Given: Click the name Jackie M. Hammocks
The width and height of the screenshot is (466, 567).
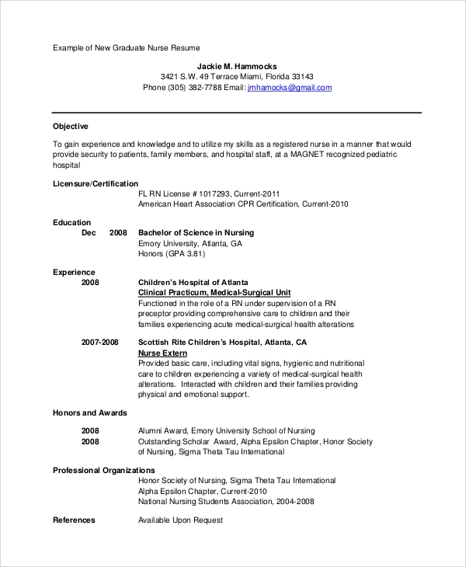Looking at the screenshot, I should pyautogui.click(x=237, y=66).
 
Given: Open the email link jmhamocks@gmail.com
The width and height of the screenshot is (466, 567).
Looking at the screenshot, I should pyautogui.click(x=289, y=88).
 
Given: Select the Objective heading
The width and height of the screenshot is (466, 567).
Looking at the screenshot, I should pyautogui.click(x=71, y=126).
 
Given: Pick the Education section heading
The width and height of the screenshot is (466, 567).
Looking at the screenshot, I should pyautogui.click(x=72, y=222).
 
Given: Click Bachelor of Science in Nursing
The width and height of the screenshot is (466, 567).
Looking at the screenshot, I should pyautogui.click(x=196, y=232).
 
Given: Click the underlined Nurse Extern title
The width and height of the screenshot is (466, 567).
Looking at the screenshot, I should pyautogui.click(x=163, y=353).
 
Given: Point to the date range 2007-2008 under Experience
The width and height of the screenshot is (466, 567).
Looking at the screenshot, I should pyautogui.click(x=100, y=342).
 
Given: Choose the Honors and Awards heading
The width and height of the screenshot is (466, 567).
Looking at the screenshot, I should pyautogui.click(x=90, y=412).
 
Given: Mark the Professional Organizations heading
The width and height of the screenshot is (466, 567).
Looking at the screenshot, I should pyautogui.click(x=104, y=470).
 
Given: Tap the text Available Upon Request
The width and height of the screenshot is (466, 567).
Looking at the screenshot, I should pyautogui.click(x=180, y=520).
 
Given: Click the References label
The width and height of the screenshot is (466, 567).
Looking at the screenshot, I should pyautogui.click(x=74, y=520).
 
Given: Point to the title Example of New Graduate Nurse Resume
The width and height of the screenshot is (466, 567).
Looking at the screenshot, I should pyautogui.click(x=127, y=48).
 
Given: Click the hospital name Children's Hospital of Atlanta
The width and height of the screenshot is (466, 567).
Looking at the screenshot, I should pyautogui.click(x=193, y=282).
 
